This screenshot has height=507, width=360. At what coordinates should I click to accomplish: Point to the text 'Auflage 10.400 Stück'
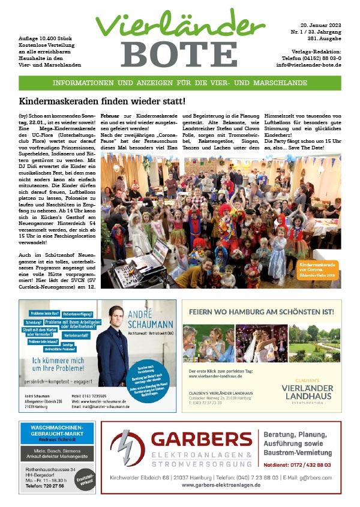pos(46,38)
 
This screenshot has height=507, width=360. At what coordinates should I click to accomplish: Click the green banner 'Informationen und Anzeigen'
pos(179,83)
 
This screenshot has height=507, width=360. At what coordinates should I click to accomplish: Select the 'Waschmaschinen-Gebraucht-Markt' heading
pos(56,431)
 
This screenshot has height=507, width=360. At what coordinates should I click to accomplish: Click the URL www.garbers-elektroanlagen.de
pos(220,484)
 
